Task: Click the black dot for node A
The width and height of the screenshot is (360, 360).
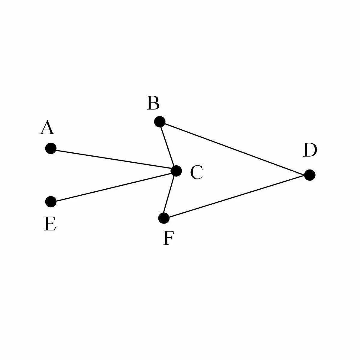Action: (x=51, y=148)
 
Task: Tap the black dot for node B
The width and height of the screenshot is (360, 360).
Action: (x=160, y=122)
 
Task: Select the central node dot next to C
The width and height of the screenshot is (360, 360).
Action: (x=176, y=171)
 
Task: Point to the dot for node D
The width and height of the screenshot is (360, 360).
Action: (x=310, y=175)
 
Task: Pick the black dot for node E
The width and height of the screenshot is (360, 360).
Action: (x=51, y=202)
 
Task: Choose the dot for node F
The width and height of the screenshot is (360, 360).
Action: (x=164, y=218)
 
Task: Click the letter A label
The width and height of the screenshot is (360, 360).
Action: (x=47, y=128)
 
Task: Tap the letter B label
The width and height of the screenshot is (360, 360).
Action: (x=153, y=103)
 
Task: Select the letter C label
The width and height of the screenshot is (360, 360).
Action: (x=196, y=173)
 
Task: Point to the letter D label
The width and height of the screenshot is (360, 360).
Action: (x=310, y=150)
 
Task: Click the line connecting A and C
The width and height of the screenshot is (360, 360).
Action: (x=113, y=159)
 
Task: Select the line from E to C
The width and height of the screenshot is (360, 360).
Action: (x=113, y=186)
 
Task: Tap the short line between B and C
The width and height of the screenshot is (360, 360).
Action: (x=168, y=146)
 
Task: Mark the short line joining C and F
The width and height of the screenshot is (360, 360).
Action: (x=170, y=194)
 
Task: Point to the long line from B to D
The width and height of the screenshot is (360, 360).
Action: (x=235, y=148)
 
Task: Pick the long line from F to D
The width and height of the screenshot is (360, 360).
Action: (x=237, y=196)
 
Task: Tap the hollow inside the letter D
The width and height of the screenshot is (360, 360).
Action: (x=310, y=150)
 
